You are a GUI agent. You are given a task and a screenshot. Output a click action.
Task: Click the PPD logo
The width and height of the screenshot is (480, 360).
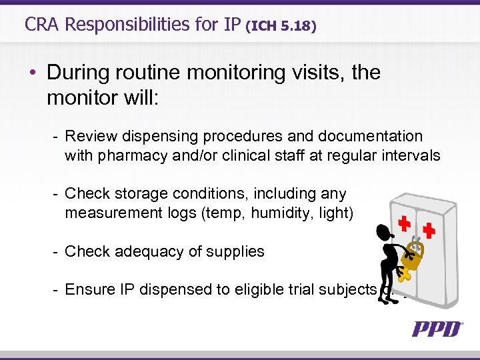pos(437,329)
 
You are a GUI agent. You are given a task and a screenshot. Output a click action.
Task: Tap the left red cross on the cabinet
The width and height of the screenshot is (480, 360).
pos(403,224)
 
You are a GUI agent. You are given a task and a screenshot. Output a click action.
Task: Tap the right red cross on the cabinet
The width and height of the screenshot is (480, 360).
pos(429,230)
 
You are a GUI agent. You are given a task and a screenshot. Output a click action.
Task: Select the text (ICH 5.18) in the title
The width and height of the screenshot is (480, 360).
pos(281,27)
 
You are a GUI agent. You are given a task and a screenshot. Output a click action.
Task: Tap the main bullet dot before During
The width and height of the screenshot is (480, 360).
pos(33,73)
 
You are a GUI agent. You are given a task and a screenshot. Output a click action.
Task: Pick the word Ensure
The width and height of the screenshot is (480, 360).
pos(90,289)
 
